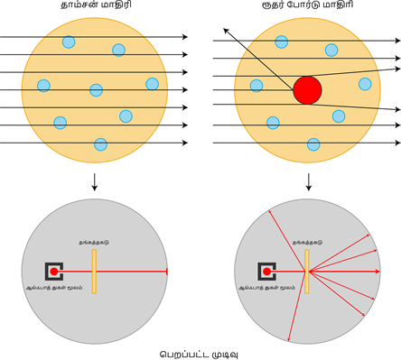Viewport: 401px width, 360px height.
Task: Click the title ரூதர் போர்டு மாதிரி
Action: [x=308, y=7]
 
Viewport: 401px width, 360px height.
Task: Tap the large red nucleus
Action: [x=307, y=90]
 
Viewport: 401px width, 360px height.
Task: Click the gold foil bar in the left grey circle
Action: [x=93, y=272]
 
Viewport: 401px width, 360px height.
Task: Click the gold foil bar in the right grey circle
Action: [x=307, y=272]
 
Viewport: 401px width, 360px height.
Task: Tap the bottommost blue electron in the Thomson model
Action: [x=100, y=143]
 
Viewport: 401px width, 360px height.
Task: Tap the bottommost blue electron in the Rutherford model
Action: [x=313, y=143]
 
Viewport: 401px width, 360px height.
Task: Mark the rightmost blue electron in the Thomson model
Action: [x=152, y=84]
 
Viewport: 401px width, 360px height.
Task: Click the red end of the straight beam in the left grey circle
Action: [x=167, y=272]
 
